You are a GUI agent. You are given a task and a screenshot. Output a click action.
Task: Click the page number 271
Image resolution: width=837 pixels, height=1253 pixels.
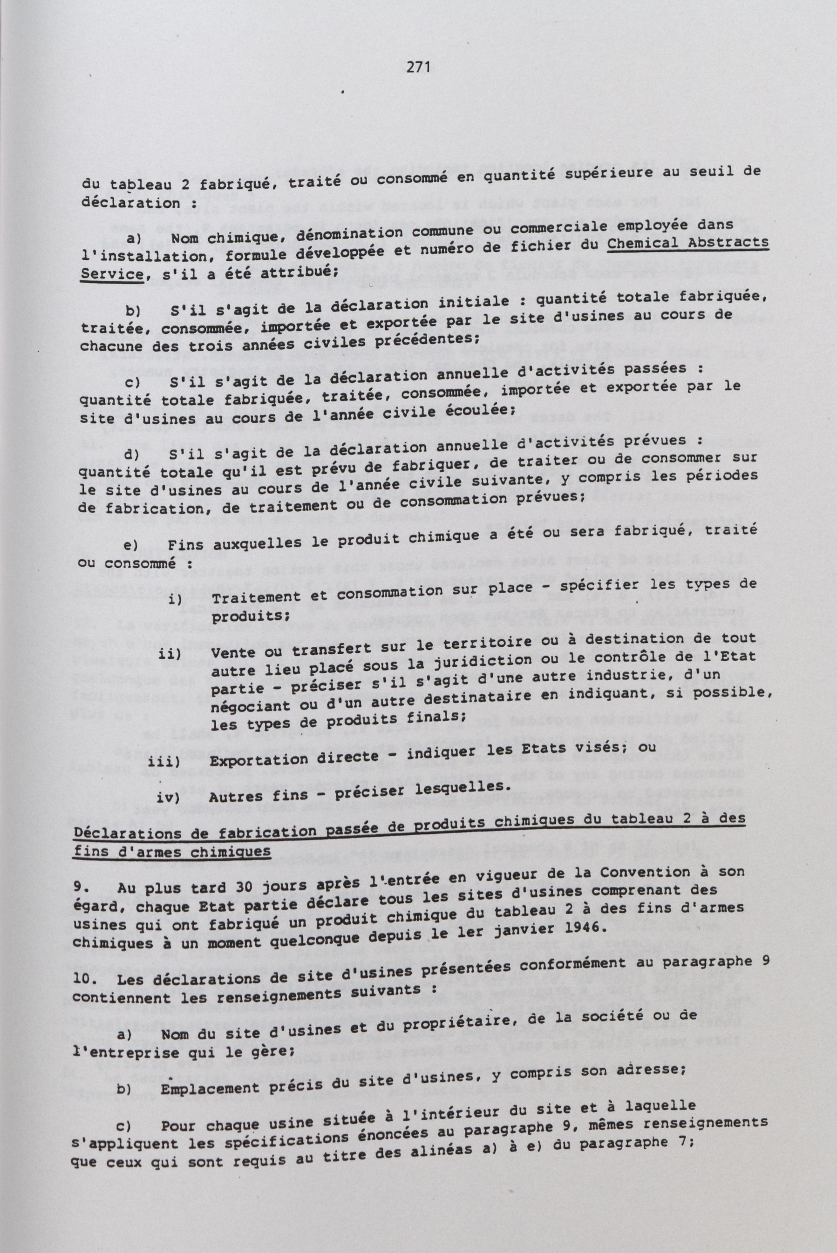tap(418, 67)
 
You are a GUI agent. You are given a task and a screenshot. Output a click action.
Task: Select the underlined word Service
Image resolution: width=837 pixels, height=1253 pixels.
tap(110, 274)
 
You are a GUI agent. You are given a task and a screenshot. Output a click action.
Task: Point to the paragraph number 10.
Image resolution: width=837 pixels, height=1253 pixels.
tap(82, 981)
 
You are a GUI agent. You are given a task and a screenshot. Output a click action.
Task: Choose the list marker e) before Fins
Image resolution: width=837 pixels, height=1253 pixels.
tap(131, 545)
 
